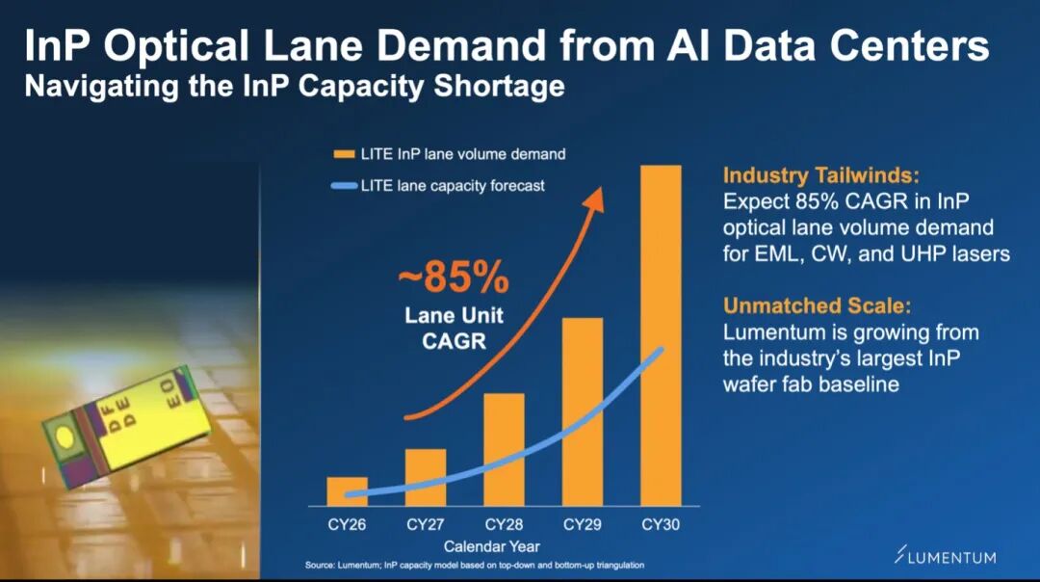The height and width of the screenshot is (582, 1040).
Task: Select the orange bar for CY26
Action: [347, 491]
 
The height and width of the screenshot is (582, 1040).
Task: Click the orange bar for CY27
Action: [426, 477]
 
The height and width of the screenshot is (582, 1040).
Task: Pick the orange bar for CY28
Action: [504, 449]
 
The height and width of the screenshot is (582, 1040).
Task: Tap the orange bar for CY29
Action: [583, 411]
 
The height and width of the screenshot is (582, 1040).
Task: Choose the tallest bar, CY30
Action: [661, 335]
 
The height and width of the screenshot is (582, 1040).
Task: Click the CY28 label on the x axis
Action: [504, 524]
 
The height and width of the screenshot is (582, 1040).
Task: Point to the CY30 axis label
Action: [661, 524]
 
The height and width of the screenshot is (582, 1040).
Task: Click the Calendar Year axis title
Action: [491, 546]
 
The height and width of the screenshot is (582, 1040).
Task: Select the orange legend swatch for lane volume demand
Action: [344, 154]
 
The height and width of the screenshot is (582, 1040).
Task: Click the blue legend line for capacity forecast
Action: [344, 186]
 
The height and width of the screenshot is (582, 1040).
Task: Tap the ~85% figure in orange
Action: [454, 277]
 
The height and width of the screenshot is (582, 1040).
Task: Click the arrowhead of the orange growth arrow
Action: [595, 198]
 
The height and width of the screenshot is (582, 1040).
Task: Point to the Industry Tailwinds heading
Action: [821, 175]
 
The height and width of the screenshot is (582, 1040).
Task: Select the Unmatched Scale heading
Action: [818, 305]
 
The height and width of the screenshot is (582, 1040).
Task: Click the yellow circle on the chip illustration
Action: [65, 436]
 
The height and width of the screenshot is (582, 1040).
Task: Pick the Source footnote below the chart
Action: [474, 566]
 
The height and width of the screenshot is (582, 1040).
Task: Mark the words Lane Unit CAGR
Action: [455, 328]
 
